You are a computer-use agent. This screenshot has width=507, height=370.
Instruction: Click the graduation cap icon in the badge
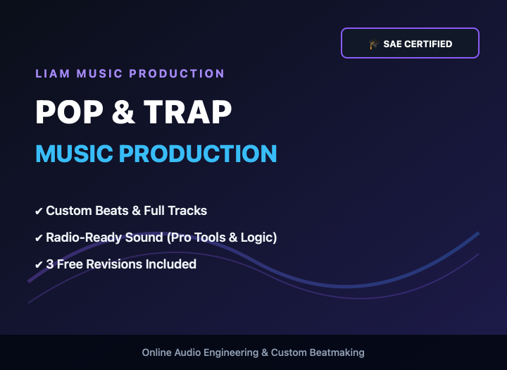[373, 44]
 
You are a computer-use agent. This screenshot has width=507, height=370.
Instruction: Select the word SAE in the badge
[392, 44]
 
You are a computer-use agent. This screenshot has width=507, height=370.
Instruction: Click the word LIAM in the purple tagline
[53, 73]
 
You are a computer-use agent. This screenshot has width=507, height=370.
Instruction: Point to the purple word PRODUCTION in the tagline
[177, 73]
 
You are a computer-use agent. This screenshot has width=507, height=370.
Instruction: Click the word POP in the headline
[69, 111]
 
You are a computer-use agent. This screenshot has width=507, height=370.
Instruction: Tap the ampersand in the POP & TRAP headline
[123, 111]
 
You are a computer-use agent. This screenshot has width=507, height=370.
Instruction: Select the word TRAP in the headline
[187, 111]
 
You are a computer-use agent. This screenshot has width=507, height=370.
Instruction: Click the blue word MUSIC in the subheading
[74, 154]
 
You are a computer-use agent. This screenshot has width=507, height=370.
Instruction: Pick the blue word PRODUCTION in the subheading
[198, 154]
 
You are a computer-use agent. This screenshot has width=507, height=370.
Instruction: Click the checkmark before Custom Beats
[39, 211]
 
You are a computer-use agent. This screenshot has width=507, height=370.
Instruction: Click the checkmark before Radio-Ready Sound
[39, 238]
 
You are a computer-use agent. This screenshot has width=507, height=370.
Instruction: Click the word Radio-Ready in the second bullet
[84, 238]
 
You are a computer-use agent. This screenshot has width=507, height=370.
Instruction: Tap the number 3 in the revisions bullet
[50, 264]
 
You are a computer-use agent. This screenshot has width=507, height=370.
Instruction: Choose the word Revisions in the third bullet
[114, 264]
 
